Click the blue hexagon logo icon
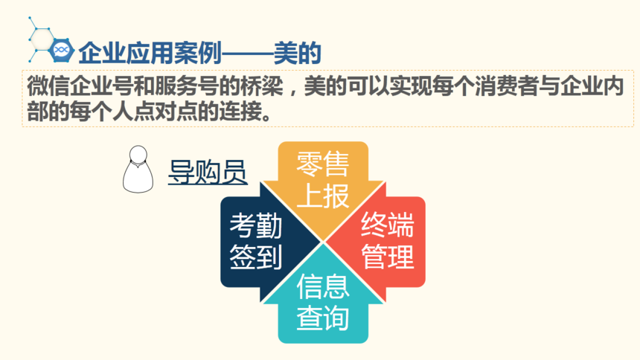pos(61,50)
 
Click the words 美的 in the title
pos(297,53)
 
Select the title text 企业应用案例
pos(150,53)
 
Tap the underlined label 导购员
pos(208,172)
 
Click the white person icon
pos(138,169)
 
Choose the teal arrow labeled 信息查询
pos(323,298)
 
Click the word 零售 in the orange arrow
pos(323,164)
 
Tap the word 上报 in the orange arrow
pos(323,196)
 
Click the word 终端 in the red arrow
pos(387,225)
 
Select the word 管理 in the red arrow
pos(387,257)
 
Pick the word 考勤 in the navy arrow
pos(256,225)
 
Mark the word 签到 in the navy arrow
pos(256,257)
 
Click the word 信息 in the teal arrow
pos(323,286)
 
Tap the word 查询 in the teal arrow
pos(323,318)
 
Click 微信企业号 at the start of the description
pos(80,86)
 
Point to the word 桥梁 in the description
pos(262,86)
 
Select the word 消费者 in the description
pos(507,86)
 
